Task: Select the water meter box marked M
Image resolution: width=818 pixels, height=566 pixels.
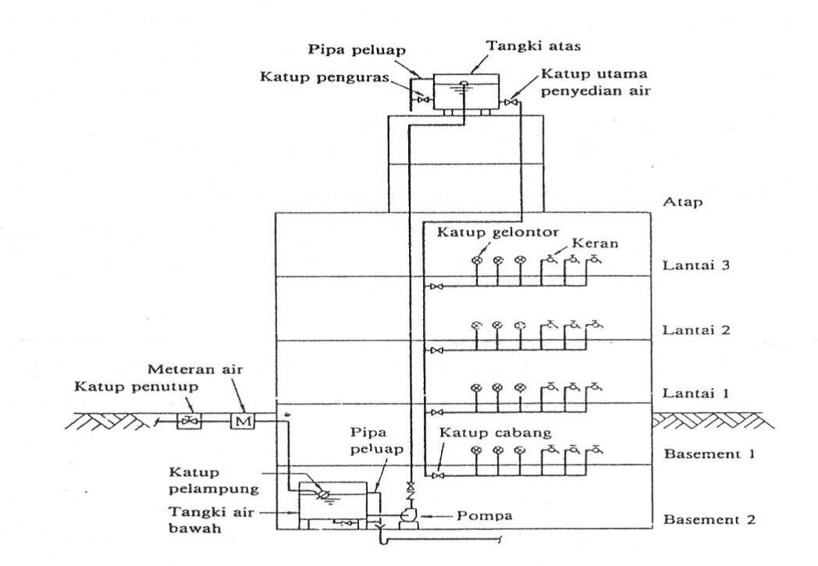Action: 239,422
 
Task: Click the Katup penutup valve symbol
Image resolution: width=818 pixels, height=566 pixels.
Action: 188,422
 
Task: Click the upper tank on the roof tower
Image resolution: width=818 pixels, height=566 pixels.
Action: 464,94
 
